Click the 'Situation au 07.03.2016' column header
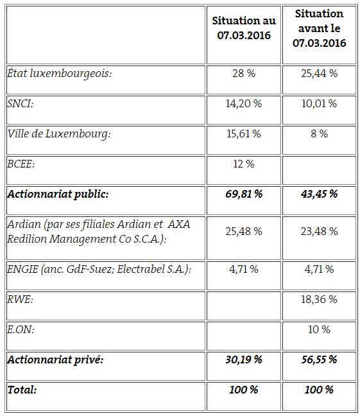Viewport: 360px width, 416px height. click(x=244, y=28)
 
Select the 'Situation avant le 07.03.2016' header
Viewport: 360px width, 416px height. click(x=319, y=28)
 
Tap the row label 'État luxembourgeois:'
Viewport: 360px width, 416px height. click(x=60, y=73)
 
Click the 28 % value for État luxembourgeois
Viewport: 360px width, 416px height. click(x=244, y=73)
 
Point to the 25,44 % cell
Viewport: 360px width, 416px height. click(x=319, y=73)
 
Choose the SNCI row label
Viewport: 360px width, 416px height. click(x=21, y=103)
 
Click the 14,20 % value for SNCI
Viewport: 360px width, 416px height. click(x=244, y=103)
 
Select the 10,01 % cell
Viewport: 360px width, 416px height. click(x=319, y=103)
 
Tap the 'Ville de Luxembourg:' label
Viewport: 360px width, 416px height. click(x=59, y=134)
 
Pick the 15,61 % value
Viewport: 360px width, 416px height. click(x=244, y=134)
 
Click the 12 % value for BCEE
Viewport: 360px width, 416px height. click(x=244, y=164)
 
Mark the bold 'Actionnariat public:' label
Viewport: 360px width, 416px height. click(x=58, y=195)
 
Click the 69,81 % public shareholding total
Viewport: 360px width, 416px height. click(x=244, y=195)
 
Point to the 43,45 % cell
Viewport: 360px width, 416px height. click(x=319, y=195)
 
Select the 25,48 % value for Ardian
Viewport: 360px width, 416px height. click(x=244, y=231)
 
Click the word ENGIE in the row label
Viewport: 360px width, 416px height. click(x=23, y=269)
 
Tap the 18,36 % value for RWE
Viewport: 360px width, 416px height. click(x=319, y=300)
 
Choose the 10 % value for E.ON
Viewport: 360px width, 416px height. click(x=319, y=330)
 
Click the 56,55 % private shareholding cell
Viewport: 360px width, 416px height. click(x=319, y=360)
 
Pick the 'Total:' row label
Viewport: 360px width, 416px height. click(x=22, y=390)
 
